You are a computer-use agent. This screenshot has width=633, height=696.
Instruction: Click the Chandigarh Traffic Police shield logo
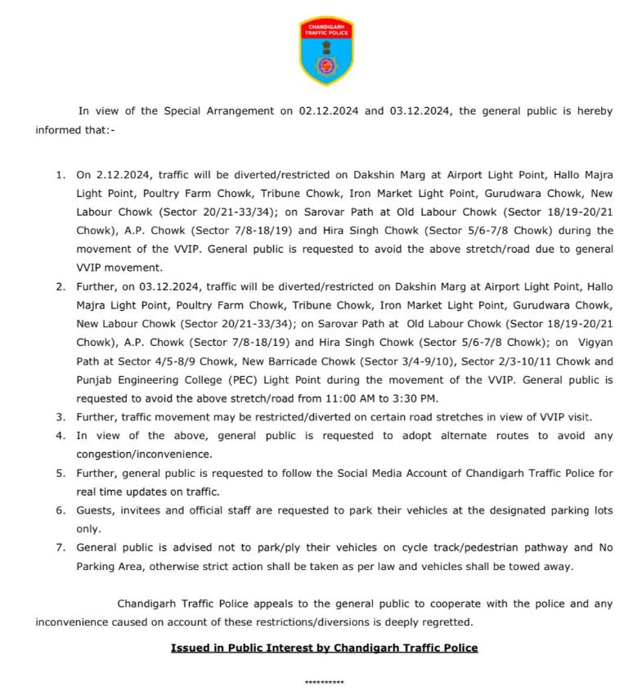click(325, 52)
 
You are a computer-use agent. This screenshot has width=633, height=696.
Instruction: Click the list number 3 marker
click(60, 417)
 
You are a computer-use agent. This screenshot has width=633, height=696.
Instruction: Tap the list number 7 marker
click(60, 547)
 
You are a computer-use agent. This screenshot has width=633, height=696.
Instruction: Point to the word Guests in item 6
click(95, 510)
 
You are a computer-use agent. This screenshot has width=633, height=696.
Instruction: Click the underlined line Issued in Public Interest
click(324, 648)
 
